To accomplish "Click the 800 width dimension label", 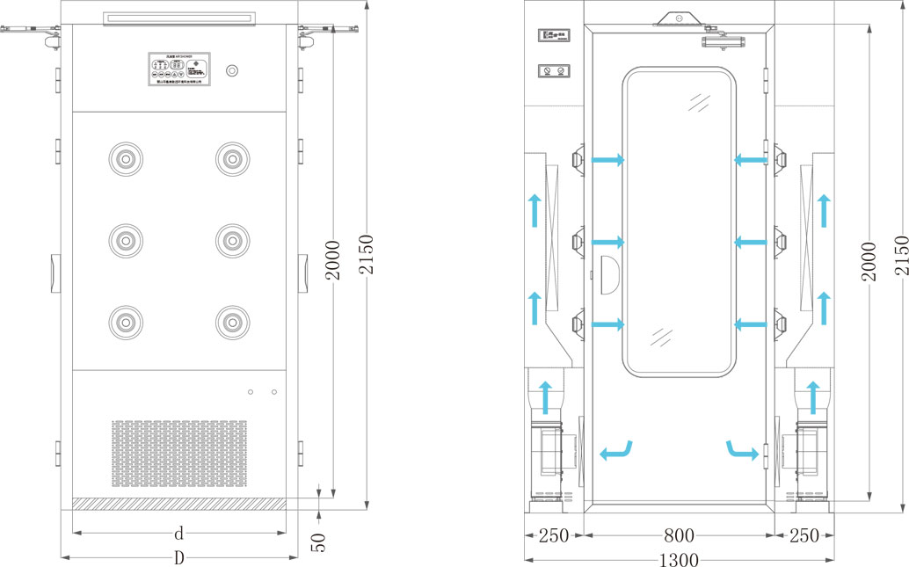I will [x=679, y=534].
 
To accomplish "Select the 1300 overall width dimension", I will [x=679, y=559].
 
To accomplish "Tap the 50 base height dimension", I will [x=320, y=542].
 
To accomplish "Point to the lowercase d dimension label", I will [x=178, y=533].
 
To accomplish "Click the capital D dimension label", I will [x=178, y=557].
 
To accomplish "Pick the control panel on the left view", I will [x=178, y=69].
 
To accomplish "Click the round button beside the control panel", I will [x=232, y=70].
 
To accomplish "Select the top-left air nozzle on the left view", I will [x=125, y=158].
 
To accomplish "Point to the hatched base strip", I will [x=178, y=503].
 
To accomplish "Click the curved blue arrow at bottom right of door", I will [x=742, y=450].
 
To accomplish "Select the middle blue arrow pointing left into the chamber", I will [x=749, y=242].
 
